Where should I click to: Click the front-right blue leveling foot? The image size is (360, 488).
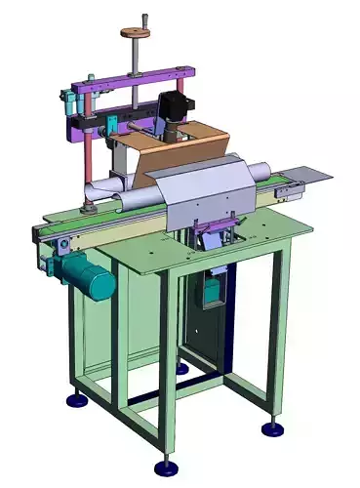click(269, 428)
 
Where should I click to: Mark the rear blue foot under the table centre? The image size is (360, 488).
click(181, 368)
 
